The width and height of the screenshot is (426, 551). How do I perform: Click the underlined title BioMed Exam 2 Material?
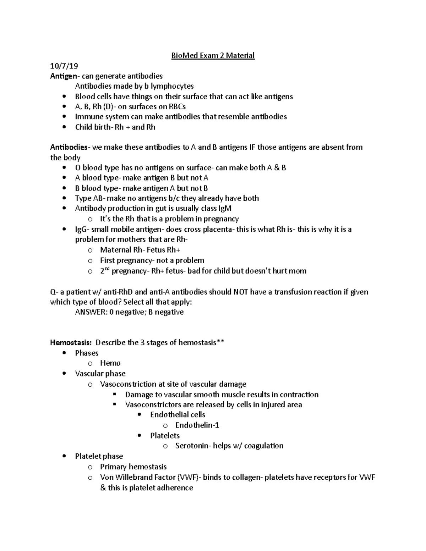(213, 56)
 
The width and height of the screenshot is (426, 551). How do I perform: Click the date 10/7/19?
(64, 66)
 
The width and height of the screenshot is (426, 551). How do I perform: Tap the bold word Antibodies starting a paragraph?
(69, 147)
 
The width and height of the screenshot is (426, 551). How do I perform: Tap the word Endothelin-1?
(197, 425)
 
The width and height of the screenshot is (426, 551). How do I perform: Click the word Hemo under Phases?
(110, 363)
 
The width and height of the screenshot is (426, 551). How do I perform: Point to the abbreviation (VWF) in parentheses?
(188, 477)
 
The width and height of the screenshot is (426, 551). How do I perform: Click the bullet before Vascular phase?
(64, 374)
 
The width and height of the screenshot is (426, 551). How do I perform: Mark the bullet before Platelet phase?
(64, 456)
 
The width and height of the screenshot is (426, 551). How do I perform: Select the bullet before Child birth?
(64, 127)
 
